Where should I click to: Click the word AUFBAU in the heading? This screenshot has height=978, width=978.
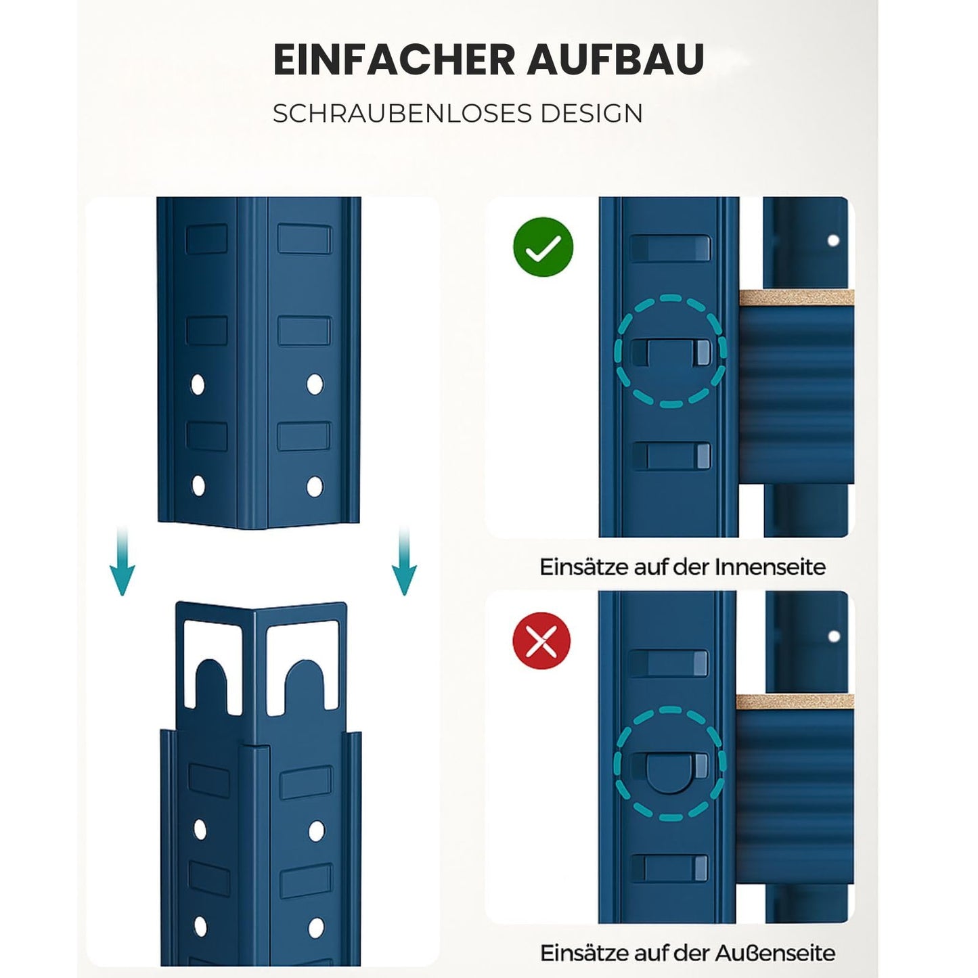coord(615,60)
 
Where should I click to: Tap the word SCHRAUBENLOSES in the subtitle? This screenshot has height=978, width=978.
coord(402,113)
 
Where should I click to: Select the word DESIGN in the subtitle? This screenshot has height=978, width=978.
coord(592,113)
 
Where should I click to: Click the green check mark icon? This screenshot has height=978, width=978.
coord(543,247)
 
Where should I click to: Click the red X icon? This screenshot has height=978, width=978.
coord(541,640)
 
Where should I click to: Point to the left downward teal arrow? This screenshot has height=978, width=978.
coord(123,561)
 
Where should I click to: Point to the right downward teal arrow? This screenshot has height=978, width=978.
coord(404,561)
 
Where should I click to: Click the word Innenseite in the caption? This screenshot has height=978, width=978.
coord(770,567)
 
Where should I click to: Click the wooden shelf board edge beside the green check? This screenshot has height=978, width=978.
coord(796,298)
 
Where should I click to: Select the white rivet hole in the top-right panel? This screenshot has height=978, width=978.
coord(833,240)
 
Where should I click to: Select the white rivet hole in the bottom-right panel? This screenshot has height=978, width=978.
coord(833,636)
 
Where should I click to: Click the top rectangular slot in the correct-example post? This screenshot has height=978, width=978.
coord(670,248)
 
